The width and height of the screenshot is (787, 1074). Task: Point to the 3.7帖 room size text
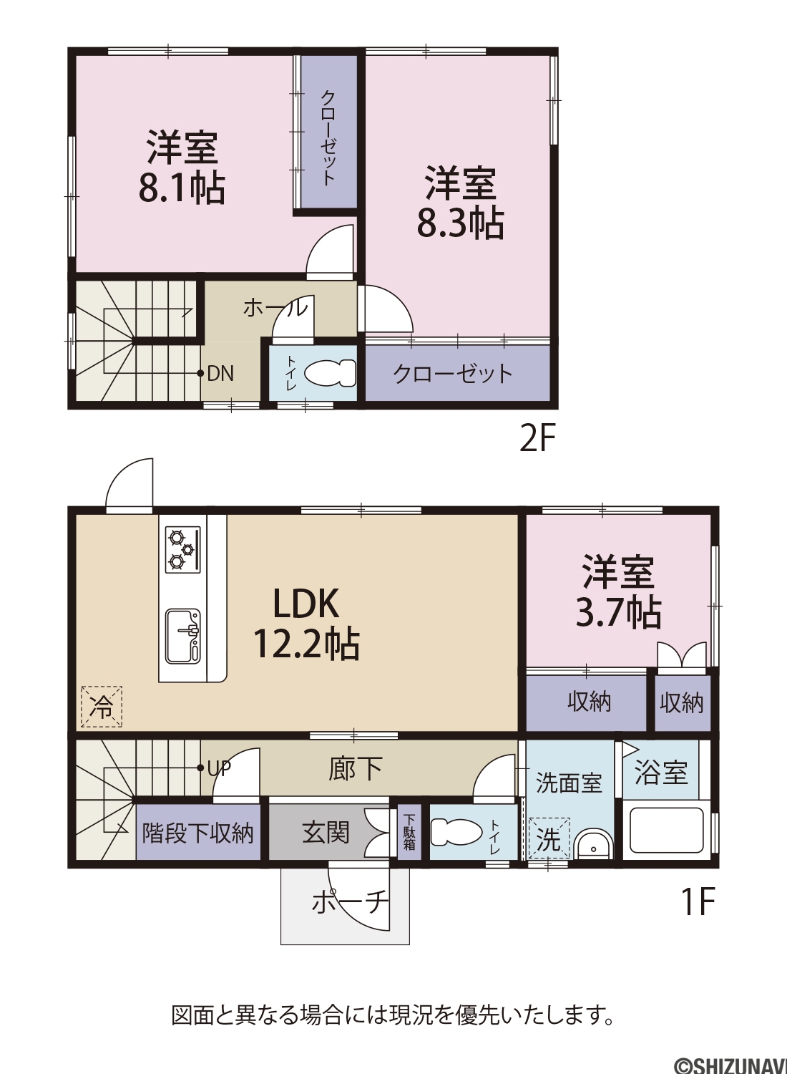click(x=618, y=612)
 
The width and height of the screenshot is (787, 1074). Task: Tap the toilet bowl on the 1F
click(x=456, y=832)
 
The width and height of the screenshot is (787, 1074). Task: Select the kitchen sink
click(x=183, y=636)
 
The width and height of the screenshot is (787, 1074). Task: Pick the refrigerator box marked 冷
click(x=101, y=706)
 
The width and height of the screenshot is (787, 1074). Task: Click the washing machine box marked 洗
click(x=549, y=838)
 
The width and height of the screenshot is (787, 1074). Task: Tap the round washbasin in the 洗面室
click(x=593, y=846)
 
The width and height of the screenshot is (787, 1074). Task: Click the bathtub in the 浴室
click(x=666, y=831)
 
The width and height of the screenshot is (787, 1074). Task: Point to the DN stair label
click(x=220, y=374)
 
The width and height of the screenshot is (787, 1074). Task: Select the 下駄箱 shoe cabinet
click(x=409, y=832)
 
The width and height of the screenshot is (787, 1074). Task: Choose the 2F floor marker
click(x=537, y=439)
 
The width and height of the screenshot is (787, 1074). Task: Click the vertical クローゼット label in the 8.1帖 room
click(x=328, y=137)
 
